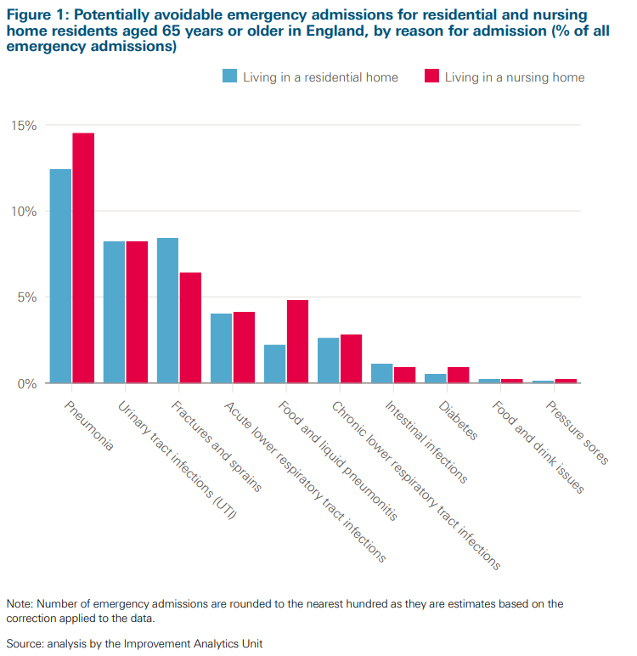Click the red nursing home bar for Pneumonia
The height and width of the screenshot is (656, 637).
[x=83, y=258]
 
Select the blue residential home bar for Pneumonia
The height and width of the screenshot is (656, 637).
[x=60, y=276]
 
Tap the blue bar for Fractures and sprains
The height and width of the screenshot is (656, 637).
[x=167, y=310]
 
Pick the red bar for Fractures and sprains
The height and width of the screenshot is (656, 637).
[x=190, y=328]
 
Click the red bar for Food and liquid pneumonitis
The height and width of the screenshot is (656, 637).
[x=297, y=342]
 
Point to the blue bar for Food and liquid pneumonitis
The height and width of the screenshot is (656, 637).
[x=274, y=364]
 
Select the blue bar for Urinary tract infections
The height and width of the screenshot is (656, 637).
[x=114, y=312]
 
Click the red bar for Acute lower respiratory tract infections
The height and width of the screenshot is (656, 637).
[x=244, y=348]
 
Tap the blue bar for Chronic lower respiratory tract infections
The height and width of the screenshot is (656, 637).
[x=328, y=360]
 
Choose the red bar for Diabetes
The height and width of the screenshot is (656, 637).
[x=458, y=375]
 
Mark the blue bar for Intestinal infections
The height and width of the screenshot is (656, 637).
[x=381, y=373]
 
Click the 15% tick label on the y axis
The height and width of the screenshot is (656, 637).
[x=24, y=126]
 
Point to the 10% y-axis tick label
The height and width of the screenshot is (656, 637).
[x=24, y=212]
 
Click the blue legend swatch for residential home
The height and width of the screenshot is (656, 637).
[x=229, y=76]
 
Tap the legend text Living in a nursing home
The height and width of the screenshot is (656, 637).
[x=514, y=77]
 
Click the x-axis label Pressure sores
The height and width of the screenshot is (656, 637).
[x=578, y=433]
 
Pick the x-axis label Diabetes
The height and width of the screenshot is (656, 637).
[x=459, y=421]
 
